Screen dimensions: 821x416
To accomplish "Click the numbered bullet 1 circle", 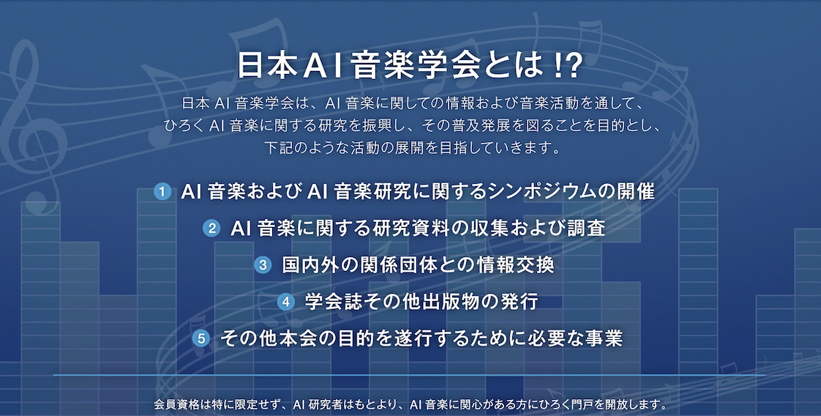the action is pos(162,192).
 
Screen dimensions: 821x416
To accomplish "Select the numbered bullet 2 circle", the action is pos(211,229).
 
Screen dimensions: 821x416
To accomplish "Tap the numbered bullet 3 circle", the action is pos(263,265).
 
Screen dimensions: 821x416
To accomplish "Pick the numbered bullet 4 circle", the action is pos(285,302).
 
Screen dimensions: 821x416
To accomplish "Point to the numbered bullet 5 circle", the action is pos(200,338).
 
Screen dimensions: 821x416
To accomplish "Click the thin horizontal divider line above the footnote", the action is pos(409,375).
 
